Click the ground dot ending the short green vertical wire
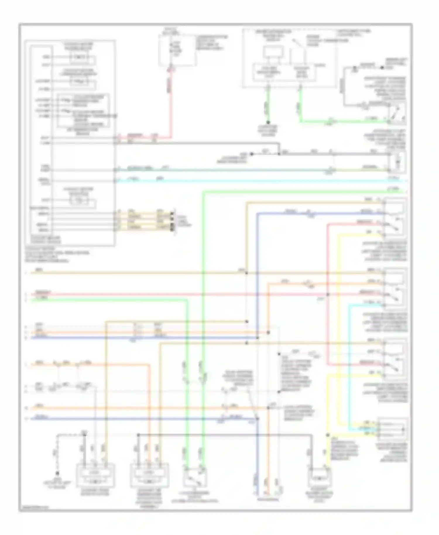coord(268,123)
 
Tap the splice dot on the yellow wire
coord(328,435)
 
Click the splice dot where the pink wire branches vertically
coord(328,294)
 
